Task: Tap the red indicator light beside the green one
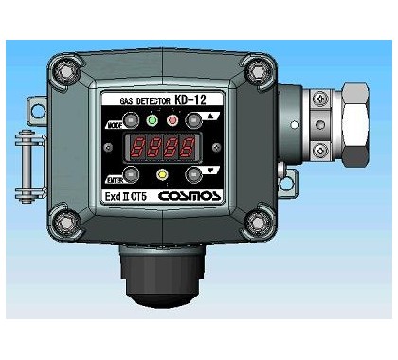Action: pos(173,122)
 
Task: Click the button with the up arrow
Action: pos(194,122)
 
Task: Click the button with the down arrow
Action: pos(194,174)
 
